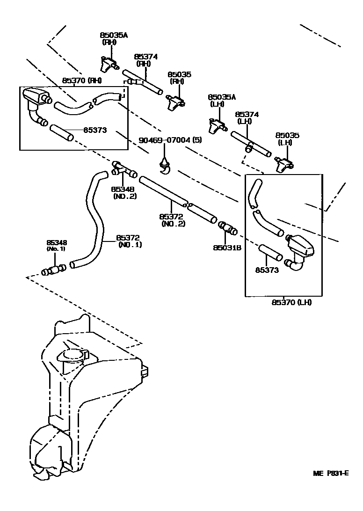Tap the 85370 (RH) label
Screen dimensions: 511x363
click(x=82, y=80)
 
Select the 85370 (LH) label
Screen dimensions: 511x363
click(x=291, y=302)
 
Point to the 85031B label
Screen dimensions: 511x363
click(x=227, y=248)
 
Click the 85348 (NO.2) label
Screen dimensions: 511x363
click(x=123, y=192)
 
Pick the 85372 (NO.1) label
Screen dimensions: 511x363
click(x=129, y=241)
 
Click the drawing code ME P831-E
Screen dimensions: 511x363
click(x=331, y=473)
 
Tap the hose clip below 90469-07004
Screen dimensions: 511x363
click(x=165, y=166)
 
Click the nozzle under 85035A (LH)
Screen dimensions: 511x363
click(x=217, y=125)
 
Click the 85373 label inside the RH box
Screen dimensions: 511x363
click(x=95, y=131)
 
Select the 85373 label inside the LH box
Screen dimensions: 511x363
click(x=267, y=270)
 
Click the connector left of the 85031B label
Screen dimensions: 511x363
click(x=227, y=230)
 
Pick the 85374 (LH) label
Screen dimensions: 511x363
click(x=247, y=117)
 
